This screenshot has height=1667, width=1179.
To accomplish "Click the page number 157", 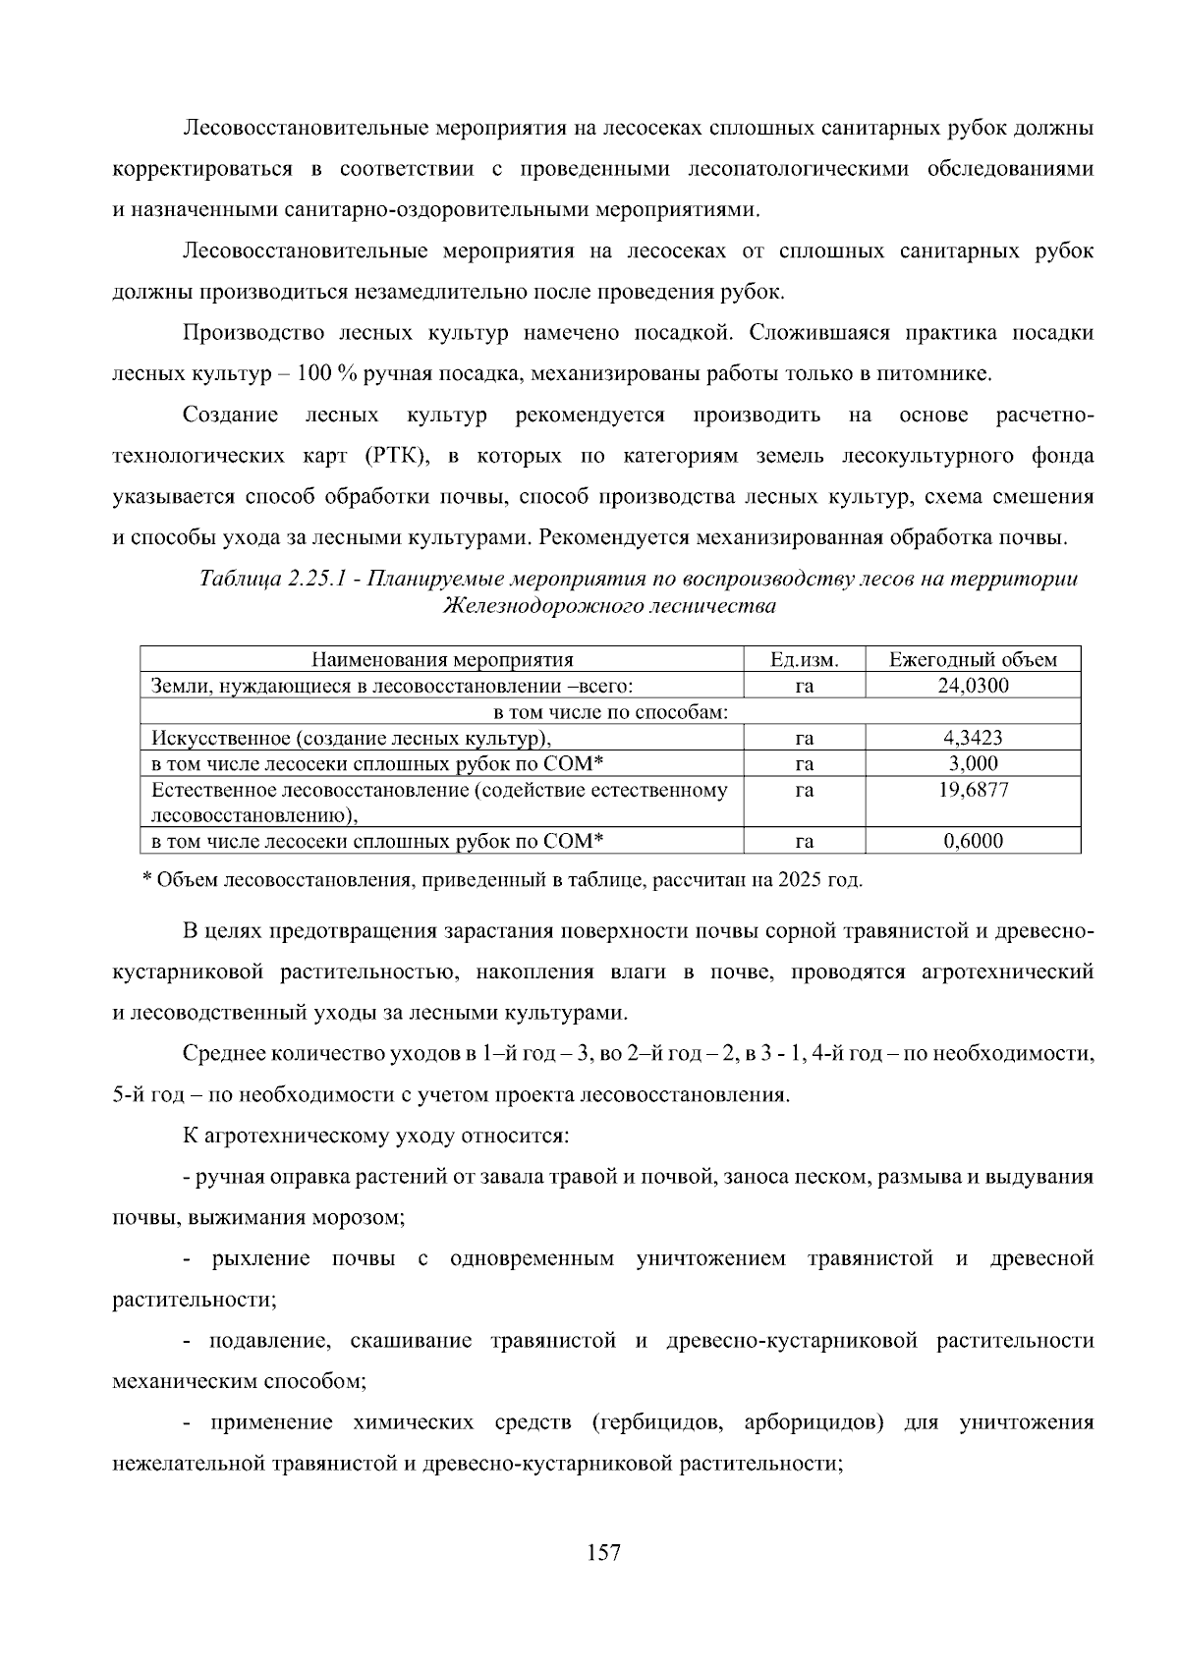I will tap(603, 1553).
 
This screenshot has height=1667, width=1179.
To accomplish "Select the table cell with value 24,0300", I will tap(973, 686).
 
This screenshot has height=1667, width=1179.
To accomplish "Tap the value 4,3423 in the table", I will tap(973, 738).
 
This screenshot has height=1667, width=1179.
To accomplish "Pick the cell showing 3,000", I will tap(973, 763).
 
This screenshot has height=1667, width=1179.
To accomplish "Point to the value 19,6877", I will tap(973, 790).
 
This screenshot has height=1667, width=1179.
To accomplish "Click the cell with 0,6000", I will tap(973, 841).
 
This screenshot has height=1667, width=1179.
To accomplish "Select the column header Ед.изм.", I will tap(805, 660).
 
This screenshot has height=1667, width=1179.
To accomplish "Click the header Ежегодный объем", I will tap(973, 660).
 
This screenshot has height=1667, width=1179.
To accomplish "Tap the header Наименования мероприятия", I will tap(442, 660).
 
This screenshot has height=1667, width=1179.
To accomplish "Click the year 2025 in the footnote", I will tap(800, 879).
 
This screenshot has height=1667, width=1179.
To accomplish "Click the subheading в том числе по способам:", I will tap(610, 712).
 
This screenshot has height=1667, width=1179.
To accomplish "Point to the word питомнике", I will tap(944, 374).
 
